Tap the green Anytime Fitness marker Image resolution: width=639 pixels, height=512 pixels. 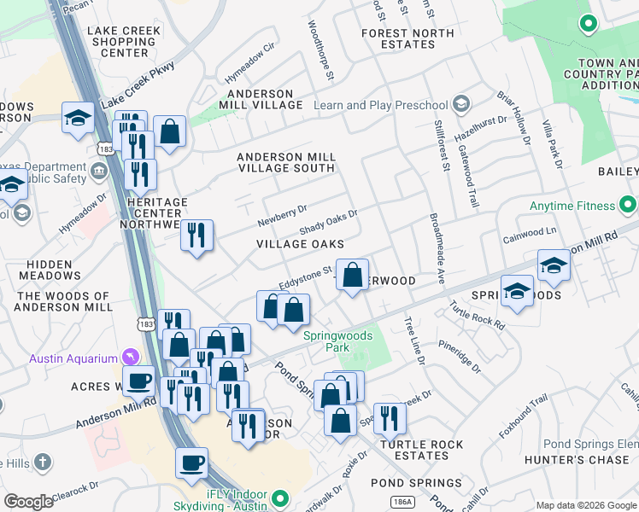[628, 205]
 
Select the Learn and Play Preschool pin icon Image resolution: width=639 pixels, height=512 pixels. [461, 104]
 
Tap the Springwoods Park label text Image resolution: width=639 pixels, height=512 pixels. [338, 341]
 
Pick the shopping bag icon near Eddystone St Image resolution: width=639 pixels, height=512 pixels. [352, 275]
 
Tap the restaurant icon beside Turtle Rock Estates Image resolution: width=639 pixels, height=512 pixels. [390, 417]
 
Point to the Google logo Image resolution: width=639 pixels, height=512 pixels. [29, 502]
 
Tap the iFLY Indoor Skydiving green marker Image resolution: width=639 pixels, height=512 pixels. [280, 498]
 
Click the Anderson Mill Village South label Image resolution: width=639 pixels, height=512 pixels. [285, 162]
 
